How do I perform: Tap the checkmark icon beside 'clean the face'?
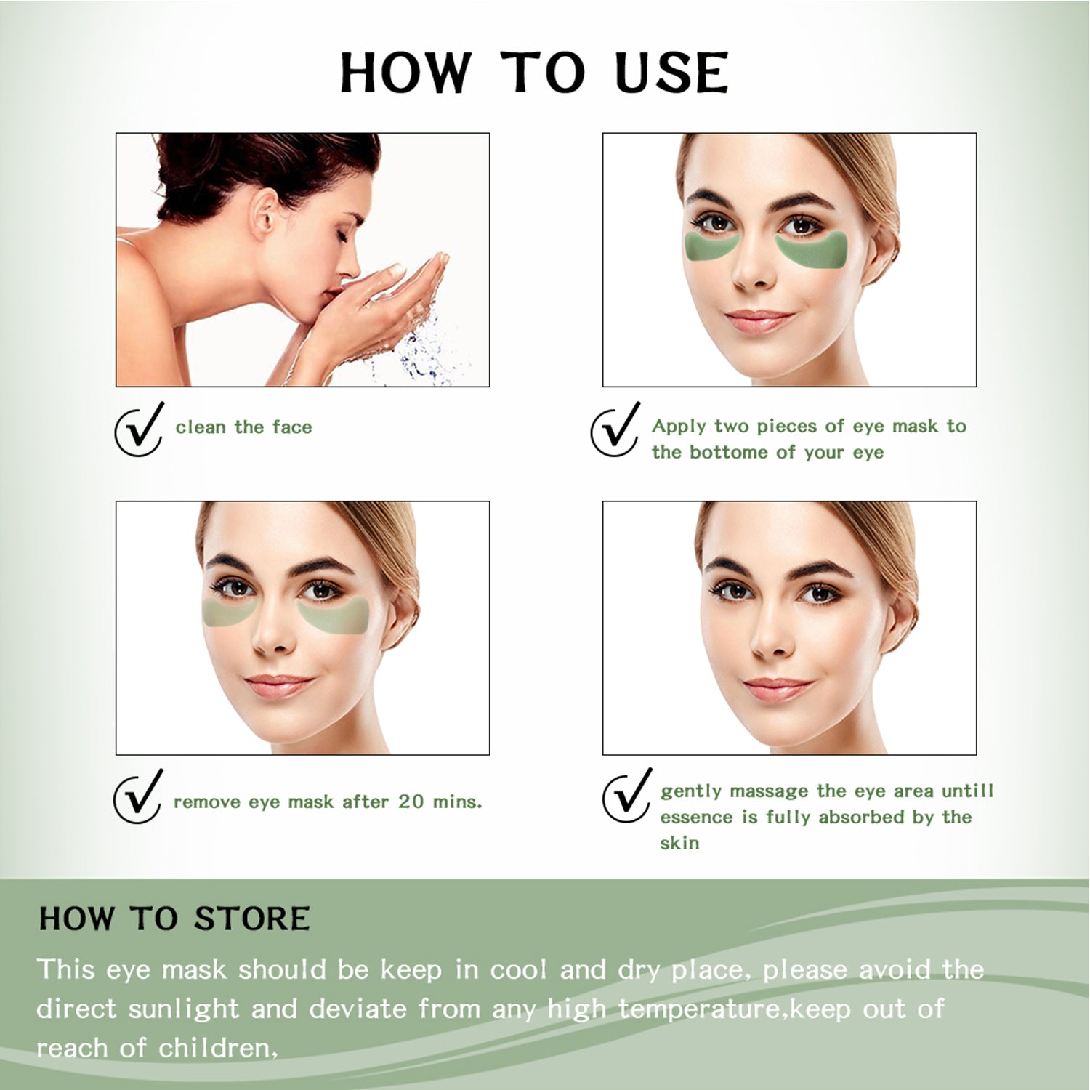pyautogui.click(x=139, y=430)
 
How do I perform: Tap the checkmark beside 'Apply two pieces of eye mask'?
pyautogui.click(x=615, y=430)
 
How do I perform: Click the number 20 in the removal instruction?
pyautogui.click(x=411, y=802)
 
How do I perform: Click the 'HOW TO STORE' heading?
pyautogui.click(x=174, y=919)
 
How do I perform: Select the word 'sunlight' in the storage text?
pyautogui.click(x=183, y=1009)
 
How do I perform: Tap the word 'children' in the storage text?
pyautogui.click(x=215, y=1049)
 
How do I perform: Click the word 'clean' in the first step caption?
pyautogui.click(x=201, y=427)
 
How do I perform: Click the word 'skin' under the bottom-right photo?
pyautogui.click(x=679, y=843)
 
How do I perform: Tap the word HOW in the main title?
pyautogui.click(x=405, y=73)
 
